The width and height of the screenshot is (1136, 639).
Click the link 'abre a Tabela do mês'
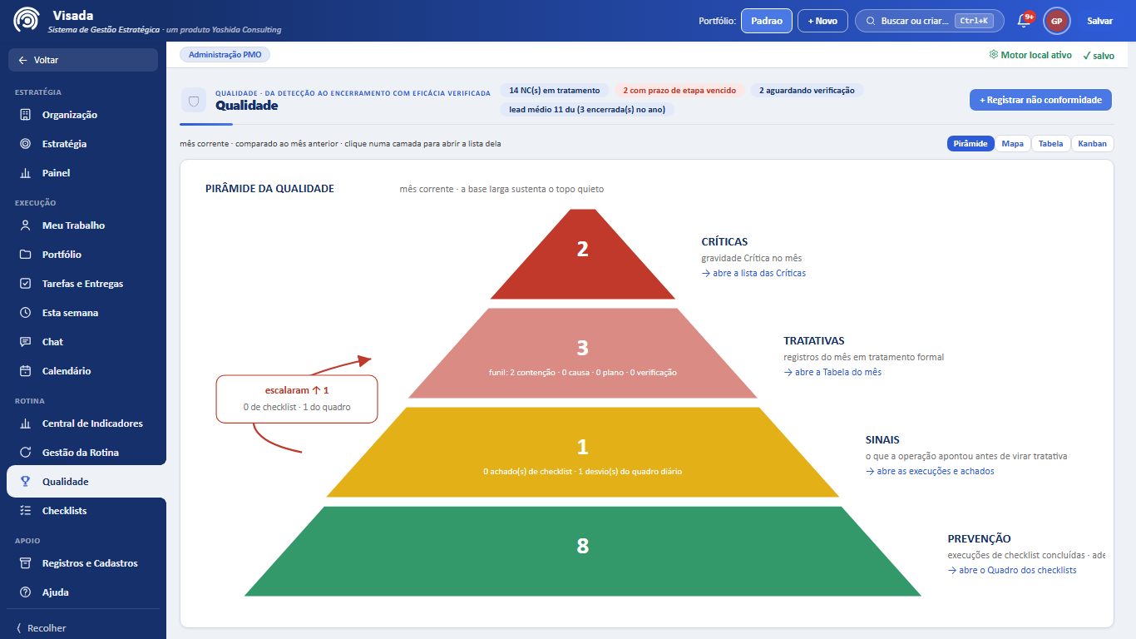point(832,372)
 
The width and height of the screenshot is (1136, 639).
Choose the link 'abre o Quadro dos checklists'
point(1012,570)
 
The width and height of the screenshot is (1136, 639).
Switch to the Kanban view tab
point(1092,144)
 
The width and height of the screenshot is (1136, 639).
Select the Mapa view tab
point(1012,144)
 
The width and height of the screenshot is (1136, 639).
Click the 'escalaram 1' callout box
point(297,399)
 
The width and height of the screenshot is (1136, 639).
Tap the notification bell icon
point(1024,21)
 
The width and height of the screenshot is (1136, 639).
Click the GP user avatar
point(1056,21)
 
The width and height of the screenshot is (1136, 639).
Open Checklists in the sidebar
point(64,511)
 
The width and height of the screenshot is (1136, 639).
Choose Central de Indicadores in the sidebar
point(91,424)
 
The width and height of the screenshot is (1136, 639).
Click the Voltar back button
point(83,60)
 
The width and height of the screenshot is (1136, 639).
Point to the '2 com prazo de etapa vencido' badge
point(679,91)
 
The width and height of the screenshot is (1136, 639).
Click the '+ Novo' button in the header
point(822,21)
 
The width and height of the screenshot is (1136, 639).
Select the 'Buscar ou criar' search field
point(929,21)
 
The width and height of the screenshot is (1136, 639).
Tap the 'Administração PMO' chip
point(225,54)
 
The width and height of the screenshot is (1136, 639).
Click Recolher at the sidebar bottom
point(42,628)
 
